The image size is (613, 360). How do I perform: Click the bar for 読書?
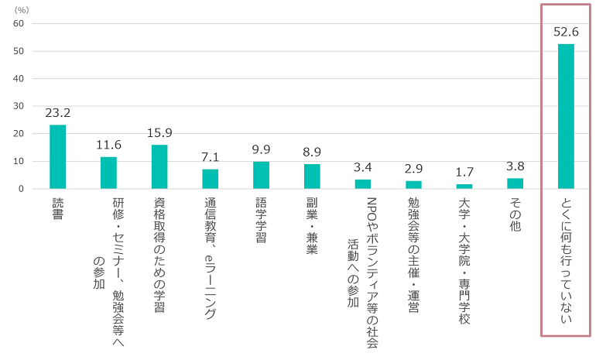[57, 157]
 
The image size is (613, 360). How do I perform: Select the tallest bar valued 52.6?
[566, 116]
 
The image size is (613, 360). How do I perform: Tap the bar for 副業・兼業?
[312, 177]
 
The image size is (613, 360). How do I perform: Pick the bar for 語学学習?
[261, 175]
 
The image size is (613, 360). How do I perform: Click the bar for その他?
[515, 183]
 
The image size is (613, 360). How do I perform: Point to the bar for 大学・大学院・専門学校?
[464, 187]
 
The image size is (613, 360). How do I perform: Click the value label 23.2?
[57, 113]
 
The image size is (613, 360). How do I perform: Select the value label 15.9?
[159, 133]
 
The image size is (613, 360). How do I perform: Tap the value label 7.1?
[210, 157]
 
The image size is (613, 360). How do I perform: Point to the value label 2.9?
[413, 169]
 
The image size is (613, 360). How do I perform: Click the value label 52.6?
[566, 32]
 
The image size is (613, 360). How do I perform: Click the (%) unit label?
[21, 9]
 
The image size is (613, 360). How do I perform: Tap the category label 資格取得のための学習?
[159, 255]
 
